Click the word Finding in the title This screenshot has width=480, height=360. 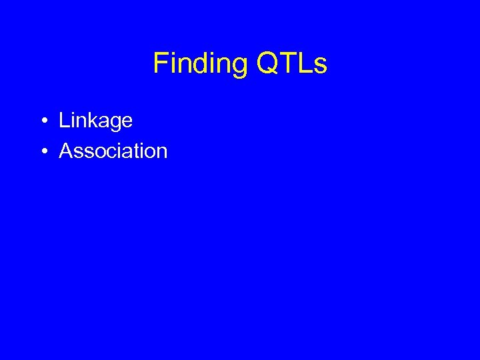point(200,63)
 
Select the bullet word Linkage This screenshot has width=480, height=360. point(95,121)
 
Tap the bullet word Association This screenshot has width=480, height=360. point(113,151)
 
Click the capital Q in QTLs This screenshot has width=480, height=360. point(265,63)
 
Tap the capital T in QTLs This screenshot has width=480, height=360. point(285,63)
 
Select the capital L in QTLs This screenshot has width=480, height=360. point(303,63)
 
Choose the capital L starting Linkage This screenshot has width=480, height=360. point(64,121)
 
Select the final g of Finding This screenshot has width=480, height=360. point(239,67)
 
